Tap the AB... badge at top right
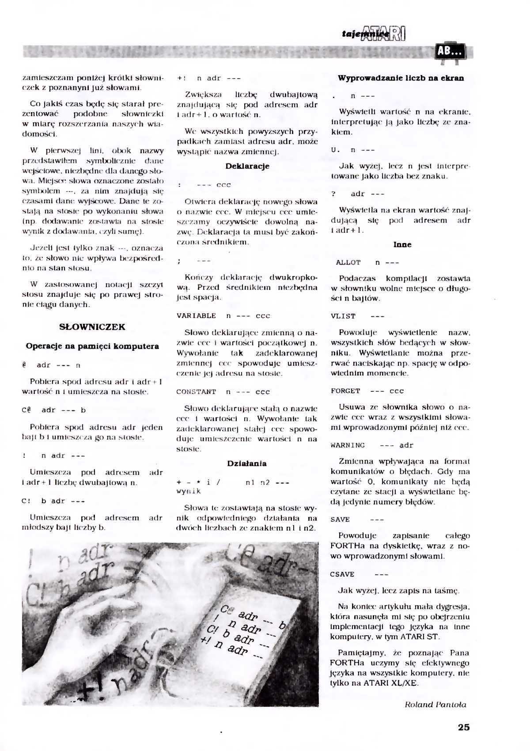(450, 52)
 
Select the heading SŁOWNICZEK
(92, 327)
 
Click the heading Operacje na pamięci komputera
(92, 346)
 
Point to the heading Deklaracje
(247, 166)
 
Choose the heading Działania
(247, 463)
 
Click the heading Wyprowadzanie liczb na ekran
(401, 78)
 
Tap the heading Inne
(402, 244)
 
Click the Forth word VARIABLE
(196, 316)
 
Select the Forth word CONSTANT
(196, 392)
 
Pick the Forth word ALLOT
(348, 262)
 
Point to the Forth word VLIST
(343, 316)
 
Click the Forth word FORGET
(345, 391)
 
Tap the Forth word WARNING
(348, 445)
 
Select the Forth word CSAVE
(342, 574)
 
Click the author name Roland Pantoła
(435, 705)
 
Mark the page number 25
(464, 727)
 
